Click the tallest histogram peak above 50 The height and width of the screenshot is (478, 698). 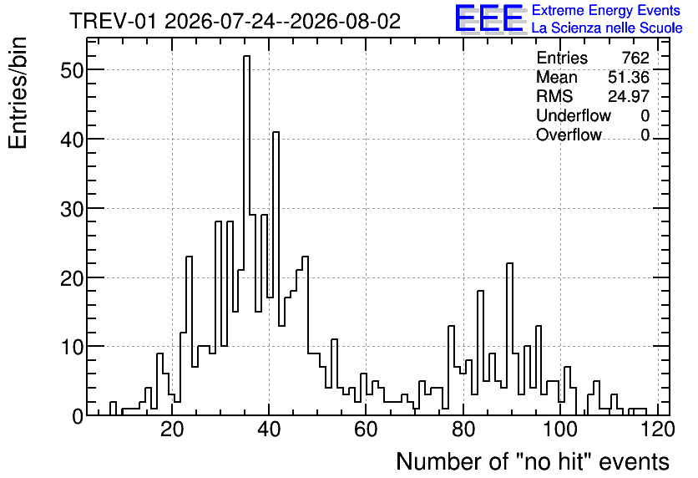[246, 56]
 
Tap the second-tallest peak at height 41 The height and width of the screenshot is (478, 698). [276, 132]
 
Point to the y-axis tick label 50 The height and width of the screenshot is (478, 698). [72, 70]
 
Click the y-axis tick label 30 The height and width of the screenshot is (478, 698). [72, 208]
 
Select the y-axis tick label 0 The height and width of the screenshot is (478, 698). [78, 416]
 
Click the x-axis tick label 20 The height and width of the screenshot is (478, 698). [172, 430]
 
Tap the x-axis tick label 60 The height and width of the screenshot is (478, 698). [366, 430]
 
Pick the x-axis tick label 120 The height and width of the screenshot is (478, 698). [657, 430]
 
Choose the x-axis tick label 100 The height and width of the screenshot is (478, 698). [560, 430]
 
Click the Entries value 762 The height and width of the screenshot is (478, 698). [635, 58]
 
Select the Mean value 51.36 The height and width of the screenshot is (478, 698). [629, 77]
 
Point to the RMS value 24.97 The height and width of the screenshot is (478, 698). [629, 96]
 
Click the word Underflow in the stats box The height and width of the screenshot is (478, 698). [574, 115]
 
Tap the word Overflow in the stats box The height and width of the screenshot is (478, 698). [569, 135]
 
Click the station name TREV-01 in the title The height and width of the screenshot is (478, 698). [113, 21]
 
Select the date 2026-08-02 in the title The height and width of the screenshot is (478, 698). [346, 21]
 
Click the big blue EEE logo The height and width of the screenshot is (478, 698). [489, 18]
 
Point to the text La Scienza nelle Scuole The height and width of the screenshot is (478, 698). [607, 28]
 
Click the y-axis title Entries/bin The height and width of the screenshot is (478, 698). [18, 93]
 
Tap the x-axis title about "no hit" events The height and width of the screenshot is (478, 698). [533, 461]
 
